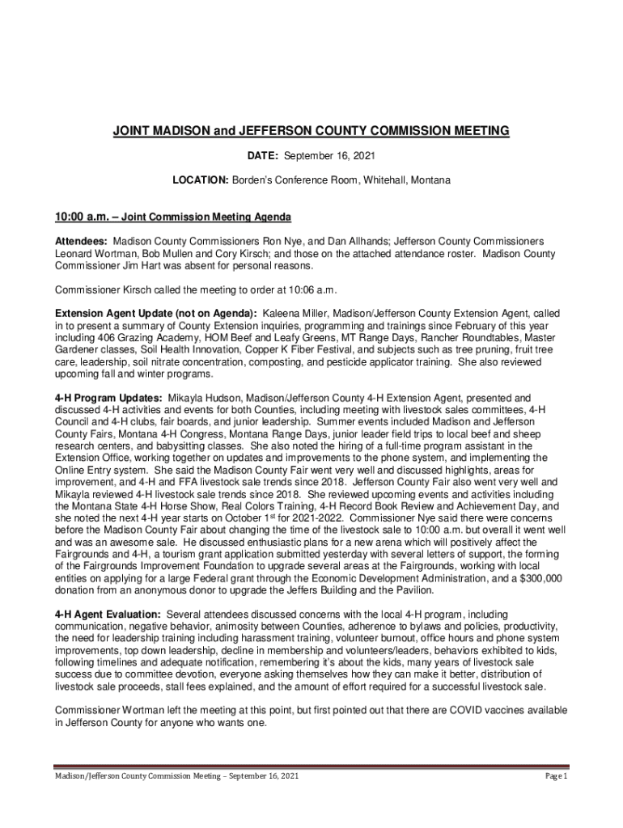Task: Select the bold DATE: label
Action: (263, 155)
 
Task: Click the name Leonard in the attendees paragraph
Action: (74, 254)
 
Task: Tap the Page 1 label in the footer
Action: (556, 777)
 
